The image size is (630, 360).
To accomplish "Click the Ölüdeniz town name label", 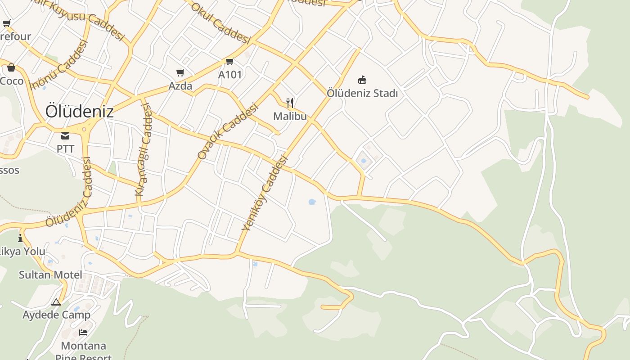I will (80, 112).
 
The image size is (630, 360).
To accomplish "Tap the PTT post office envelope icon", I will (65, 136).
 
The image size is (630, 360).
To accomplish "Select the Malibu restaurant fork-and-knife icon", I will (290, 103).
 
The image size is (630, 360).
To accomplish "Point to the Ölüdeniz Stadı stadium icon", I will (362, 80).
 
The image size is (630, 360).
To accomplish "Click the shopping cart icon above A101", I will (229, 62).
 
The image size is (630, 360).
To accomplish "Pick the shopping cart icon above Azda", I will (180, 72).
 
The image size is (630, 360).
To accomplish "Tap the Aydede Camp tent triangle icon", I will (56, 302).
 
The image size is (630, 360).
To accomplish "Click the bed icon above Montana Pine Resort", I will (83, 333).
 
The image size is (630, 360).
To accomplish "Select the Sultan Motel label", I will (50, 275).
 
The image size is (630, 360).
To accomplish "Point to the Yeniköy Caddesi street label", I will (264, 193).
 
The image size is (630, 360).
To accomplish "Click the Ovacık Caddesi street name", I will (228, 131).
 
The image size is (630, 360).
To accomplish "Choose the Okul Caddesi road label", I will (220, 23).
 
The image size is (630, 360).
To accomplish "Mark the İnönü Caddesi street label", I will (58, 65).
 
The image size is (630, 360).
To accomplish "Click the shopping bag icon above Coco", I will (11, 68).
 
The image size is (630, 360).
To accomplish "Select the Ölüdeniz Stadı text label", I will (362, 93).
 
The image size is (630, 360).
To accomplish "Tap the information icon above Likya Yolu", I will (20, 238).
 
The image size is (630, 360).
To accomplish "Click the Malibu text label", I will (290, 116).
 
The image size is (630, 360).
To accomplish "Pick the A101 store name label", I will (230, 75).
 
